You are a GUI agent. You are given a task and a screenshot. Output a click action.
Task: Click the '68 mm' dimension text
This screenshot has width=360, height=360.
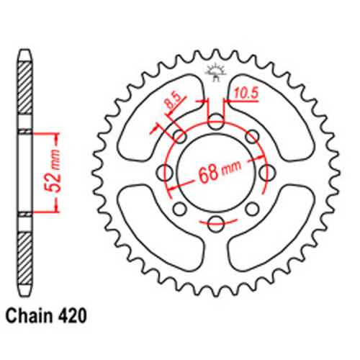point(217,174)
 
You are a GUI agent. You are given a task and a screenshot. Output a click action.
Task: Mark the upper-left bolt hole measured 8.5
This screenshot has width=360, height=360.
point(180,137)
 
